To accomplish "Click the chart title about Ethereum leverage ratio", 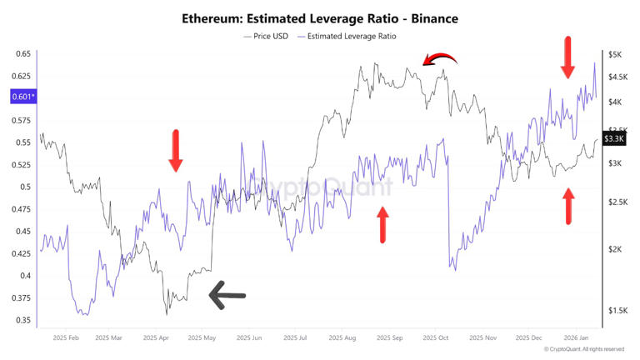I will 320,17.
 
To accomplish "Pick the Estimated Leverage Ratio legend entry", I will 351,36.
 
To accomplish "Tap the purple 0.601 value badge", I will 22,97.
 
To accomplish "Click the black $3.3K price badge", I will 614,137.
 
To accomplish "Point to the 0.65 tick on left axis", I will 22,54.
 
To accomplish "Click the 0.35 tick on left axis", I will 22,320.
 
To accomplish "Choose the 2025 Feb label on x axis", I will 65,338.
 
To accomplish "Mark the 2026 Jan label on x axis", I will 577,338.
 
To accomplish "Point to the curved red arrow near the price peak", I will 439,59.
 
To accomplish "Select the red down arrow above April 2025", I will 175,150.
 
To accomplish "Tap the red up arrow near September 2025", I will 383,223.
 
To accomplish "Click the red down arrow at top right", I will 567,57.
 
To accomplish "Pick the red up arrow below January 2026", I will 568,206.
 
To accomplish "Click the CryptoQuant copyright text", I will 583,349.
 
